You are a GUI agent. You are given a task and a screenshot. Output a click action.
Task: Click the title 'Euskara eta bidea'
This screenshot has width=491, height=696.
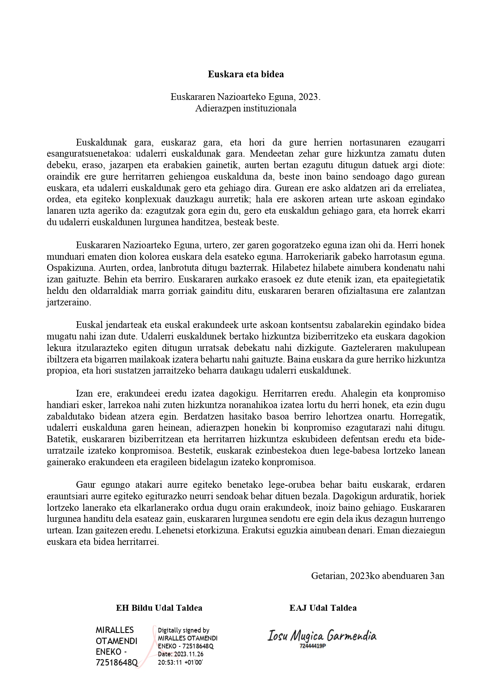click(246, 74)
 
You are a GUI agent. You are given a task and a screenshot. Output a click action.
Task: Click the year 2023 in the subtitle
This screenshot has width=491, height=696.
click(309, 97)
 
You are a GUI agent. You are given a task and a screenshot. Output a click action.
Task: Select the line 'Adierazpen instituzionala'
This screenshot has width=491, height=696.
click(246, 108)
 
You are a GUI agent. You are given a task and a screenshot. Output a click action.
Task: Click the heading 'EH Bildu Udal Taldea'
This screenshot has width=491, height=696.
click(159, 608)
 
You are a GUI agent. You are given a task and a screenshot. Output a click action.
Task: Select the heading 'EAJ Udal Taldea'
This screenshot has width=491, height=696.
click(323, 608)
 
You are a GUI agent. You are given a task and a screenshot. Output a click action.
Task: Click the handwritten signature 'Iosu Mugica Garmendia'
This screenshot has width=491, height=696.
click(322, 636)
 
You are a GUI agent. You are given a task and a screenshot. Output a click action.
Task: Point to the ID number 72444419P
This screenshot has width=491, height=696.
click(313, 646)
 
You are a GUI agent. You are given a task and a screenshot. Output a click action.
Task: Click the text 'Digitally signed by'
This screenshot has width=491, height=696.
click(183, 630)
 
